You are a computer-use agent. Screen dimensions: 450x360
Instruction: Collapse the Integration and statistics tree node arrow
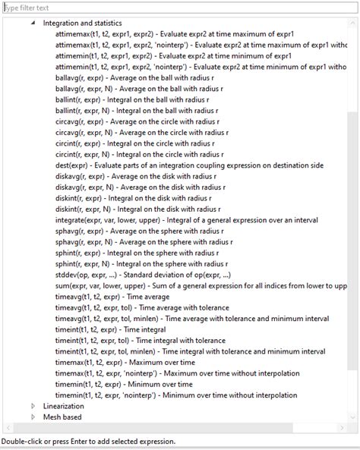(33, 24)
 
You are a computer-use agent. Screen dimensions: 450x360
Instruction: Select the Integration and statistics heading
(82, 24)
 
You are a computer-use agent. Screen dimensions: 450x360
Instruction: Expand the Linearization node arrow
(33, 406)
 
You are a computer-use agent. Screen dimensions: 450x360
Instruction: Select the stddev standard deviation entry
(143, 274)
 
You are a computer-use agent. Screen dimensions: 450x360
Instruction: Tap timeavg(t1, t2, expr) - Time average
(114, 297)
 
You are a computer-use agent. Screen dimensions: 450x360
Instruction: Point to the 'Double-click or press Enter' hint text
(88, 441)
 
